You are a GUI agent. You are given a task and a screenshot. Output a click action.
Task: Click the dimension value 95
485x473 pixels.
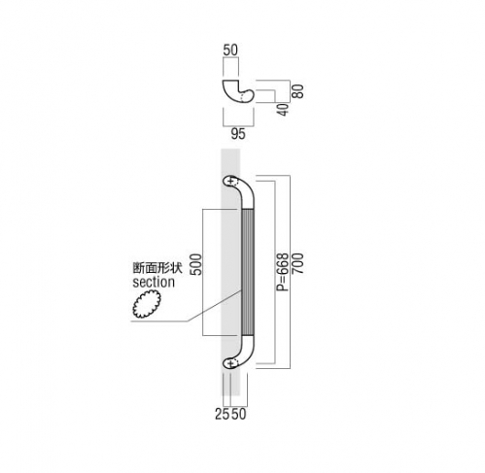238,134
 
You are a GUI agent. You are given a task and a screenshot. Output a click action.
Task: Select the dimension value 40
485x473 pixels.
284,110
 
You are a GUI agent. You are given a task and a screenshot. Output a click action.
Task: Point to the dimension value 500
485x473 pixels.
195,264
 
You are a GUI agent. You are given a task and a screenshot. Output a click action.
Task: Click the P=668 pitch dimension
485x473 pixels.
283,272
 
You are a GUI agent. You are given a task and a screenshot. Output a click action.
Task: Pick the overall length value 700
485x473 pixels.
298,264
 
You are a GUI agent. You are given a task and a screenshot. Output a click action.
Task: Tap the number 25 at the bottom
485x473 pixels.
223,414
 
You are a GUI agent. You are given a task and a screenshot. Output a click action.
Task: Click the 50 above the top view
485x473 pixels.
230,50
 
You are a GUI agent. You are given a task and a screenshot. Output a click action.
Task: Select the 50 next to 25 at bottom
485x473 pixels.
239,414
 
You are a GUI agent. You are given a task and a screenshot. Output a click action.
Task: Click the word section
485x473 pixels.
154,282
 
